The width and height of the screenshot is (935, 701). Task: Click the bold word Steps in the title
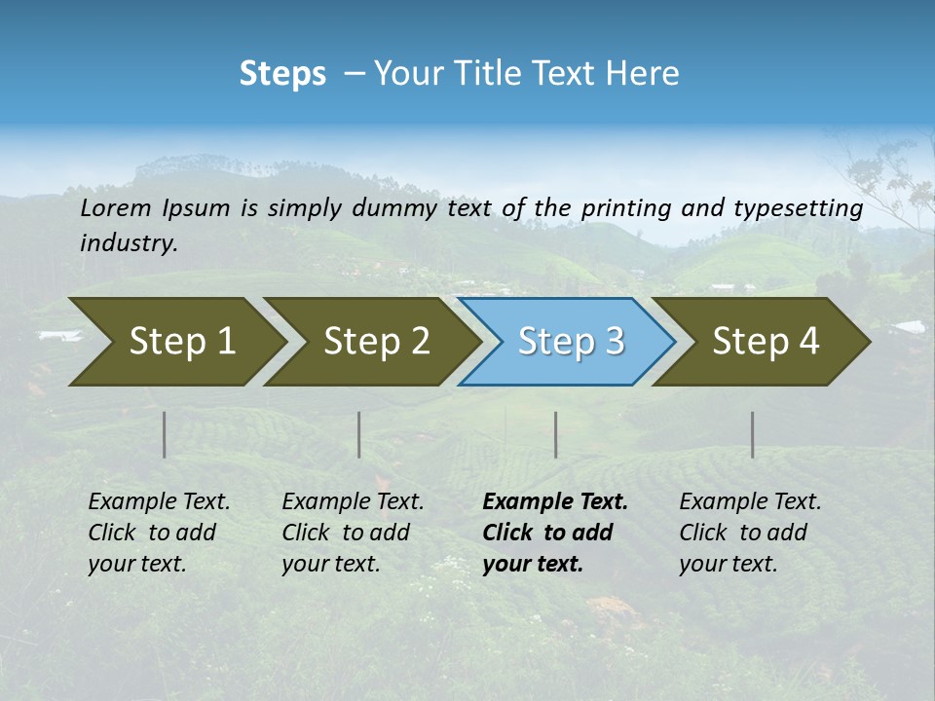point(282,74)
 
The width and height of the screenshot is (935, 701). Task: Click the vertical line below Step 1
point(165,434)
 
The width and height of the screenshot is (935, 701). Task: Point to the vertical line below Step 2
point(359,434)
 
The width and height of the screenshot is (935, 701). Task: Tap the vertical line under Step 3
point(556,434)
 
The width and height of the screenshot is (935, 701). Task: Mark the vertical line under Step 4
point(753,434)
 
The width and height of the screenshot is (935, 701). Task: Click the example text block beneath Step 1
point(159,533)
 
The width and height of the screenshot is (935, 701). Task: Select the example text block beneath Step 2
point(353,533)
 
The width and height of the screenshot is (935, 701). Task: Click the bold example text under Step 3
point(555,533)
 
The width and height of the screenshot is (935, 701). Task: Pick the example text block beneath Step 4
point(750,533)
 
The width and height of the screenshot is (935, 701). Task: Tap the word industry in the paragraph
point(129,243)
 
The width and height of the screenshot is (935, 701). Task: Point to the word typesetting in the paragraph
point(798,208)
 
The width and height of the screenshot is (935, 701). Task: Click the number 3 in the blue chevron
point(614,342)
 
